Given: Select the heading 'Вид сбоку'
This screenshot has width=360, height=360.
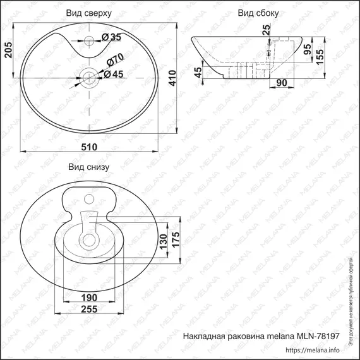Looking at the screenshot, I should coord(258,13).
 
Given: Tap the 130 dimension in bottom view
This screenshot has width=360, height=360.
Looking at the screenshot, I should coord(162,241).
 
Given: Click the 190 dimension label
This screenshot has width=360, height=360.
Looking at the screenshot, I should coord(90,296).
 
